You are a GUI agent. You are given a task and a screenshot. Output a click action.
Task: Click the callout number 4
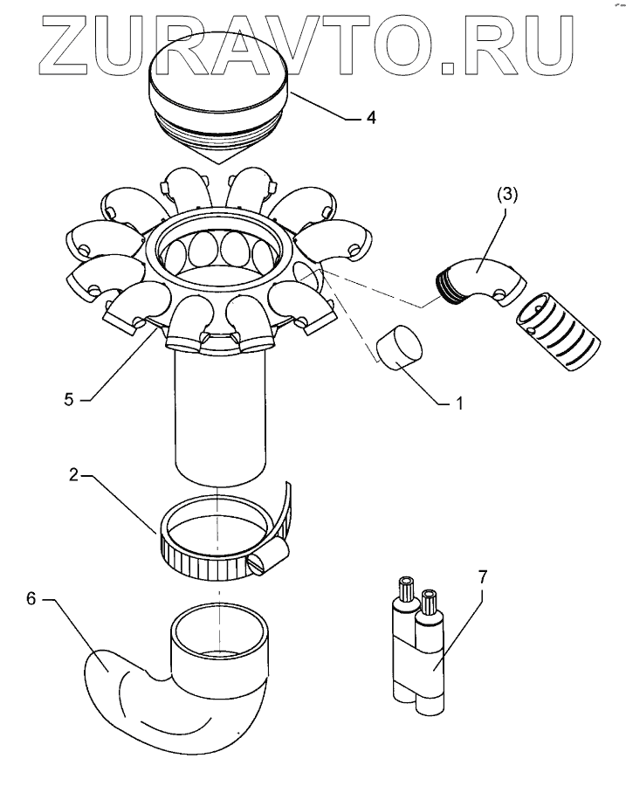pos(371,117)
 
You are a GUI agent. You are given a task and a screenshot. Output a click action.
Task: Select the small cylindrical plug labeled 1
pos(400,347)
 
